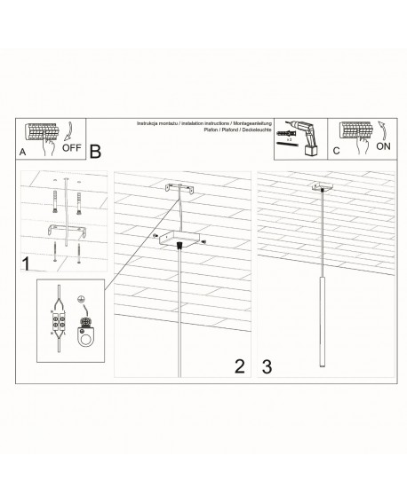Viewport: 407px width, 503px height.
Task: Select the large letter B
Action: [x=95, y=152]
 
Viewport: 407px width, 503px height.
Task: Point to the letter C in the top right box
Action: [x=336, y=151]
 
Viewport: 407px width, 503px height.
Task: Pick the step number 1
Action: [x=27, y=263]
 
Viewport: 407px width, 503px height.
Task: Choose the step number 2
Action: [x=237, y=365]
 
